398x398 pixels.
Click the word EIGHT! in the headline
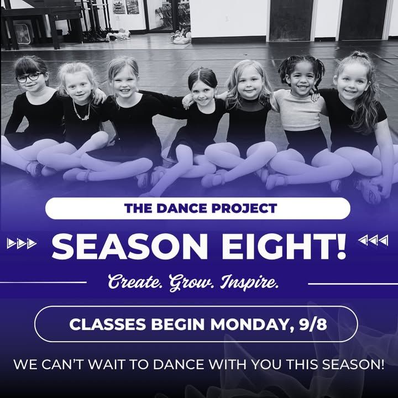point(284,246)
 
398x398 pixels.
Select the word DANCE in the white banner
point(182,208)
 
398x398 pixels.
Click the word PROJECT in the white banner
point(244,208)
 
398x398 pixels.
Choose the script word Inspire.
point(249,282)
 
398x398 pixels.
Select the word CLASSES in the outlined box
point(108,324)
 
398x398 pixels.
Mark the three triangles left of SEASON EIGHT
point(22,243)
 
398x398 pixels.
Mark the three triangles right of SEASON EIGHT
point(373,240)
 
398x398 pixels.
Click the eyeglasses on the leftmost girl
point(29,77)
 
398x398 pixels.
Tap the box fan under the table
point(22,34)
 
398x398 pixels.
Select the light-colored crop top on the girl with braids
point(300,111)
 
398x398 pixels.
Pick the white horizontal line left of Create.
point(43,282)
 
